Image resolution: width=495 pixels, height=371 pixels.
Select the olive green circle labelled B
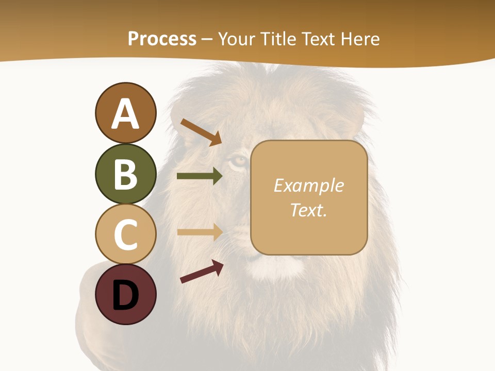coord(125,174)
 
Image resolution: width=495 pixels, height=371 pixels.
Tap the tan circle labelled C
coord(125,233)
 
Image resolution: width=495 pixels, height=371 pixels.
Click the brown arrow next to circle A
coord(201,132)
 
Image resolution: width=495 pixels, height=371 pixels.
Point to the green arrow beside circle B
coord(200,176)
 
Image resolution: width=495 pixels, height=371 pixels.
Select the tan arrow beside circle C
coord(200,232)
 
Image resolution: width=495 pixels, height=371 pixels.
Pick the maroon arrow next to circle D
coord(202,272)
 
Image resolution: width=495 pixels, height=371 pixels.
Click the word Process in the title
coord(162,39)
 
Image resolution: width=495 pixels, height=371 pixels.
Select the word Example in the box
coord(308,185)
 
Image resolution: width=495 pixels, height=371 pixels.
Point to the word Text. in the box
coord(308,210)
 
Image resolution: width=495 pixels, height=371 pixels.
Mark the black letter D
coord(125,296)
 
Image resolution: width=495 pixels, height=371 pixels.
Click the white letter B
coord(125,174)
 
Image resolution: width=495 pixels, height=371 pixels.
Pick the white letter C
coord(125,234)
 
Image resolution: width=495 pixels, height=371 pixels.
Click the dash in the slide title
coord(207,39)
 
